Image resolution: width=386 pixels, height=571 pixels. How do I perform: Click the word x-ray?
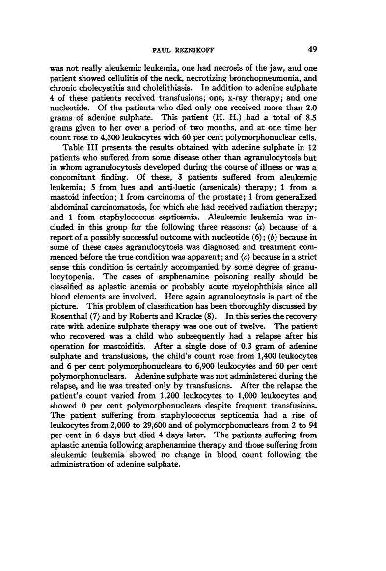248,98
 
